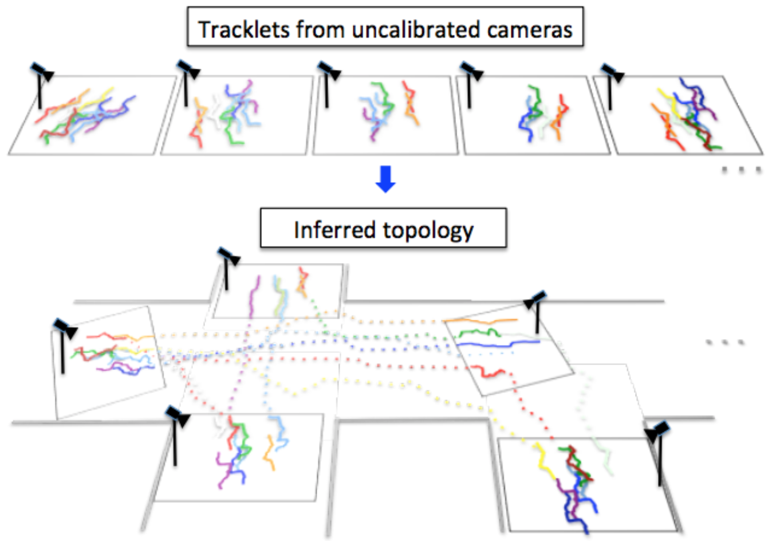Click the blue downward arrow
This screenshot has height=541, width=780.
pos(385,179)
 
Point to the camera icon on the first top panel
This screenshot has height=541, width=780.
pos(42,72)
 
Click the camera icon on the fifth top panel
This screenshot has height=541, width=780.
pos(612,73)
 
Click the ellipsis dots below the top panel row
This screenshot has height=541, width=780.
pos(741,170)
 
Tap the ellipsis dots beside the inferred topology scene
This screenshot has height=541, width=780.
pos(725,342)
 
